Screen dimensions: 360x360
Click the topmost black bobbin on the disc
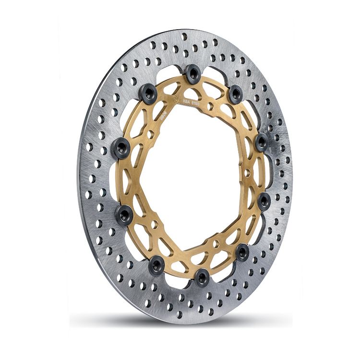point(192,73)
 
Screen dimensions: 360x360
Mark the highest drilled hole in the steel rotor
point(184,36)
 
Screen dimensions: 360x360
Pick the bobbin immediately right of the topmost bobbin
point(236,94)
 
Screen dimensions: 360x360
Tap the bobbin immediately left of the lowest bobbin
point(156,264)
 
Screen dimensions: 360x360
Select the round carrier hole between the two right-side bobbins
point(248,172)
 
